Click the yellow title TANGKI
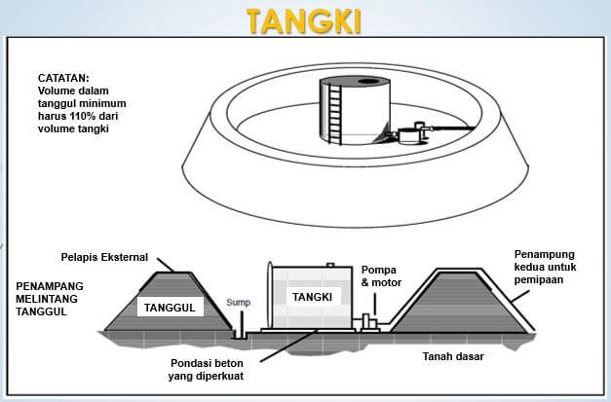pyautogui.click(x=304, y=19)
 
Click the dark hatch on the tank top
pyautogui.click(x=369, y=82)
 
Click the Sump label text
pyautogui.click(x=239, y=303)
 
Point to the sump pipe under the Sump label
pyautogui.click(x=239, y=327)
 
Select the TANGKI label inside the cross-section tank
pyautogui.click(x=312, y=296)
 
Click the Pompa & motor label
pyautogui.click(x=380, y=275)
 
